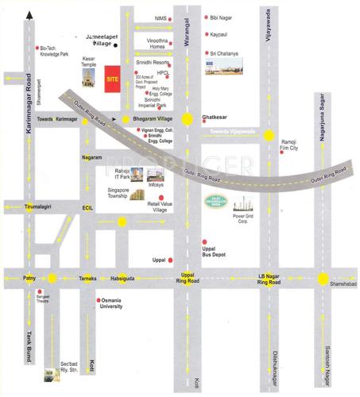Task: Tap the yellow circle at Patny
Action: coord(51,278)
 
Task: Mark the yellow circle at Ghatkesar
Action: coord(188,119)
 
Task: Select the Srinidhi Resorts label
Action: coord(153,61)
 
